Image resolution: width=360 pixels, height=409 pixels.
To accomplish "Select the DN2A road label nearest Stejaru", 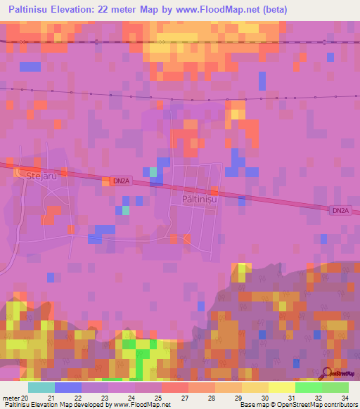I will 120,181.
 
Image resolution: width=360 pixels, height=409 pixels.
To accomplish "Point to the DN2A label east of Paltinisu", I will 340,209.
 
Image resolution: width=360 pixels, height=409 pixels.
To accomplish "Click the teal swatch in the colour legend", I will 41,387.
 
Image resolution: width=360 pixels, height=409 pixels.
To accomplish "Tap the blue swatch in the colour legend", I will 67,387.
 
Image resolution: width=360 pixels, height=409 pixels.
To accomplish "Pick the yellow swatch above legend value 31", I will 281,387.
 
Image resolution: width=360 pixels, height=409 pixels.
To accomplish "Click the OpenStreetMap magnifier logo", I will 327,372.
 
